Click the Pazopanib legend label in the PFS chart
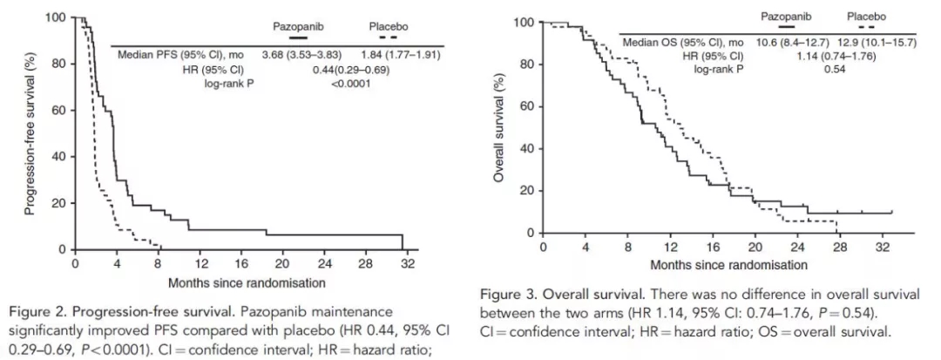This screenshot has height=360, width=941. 298,26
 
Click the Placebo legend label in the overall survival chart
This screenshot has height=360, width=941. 866,16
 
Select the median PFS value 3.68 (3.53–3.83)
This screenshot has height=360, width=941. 301,54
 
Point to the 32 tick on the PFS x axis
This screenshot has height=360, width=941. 403,264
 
